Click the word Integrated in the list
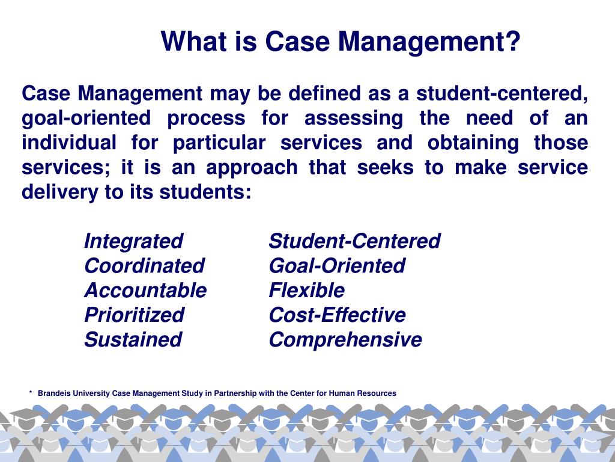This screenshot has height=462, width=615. point(133,241)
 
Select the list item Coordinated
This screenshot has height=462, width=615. point(144,266)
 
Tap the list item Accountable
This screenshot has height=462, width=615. point(145,291)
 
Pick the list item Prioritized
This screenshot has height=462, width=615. point(134,315)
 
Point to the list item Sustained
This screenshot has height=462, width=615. point(133,340)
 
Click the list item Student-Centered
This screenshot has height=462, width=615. point(354,241)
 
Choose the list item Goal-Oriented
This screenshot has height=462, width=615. point(337,266)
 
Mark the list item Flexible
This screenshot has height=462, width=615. point(307,291)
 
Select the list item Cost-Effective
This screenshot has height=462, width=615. point(337,315)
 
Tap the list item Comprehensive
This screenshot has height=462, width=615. point(345,340)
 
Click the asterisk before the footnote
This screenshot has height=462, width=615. point(30,393)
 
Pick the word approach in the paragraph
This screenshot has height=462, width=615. point(252,168)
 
